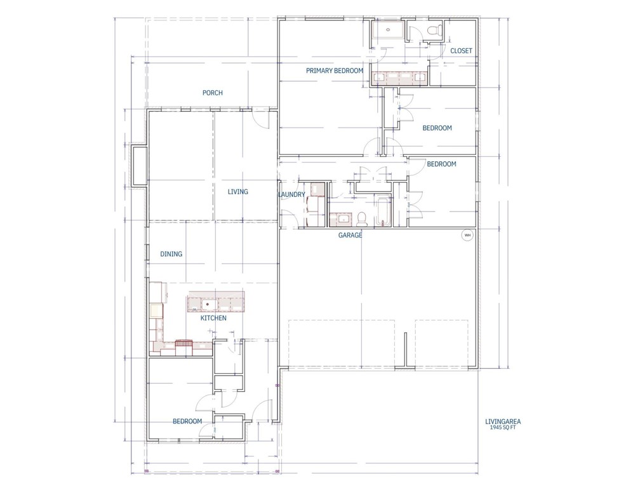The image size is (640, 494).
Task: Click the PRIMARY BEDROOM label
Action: coord(335,70)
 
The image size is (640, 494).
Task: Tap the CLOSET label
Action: coord(461,51)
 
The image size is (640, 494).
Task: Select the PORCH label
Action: coord(213,93)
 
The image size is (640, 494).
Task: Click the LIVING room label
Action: coord(238,192)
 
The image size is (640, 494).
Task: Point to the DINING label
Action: coord(171,254)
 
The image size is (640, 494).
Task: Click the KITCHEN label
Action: coord(213,318)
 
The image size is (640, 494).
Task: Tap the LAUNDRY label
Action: coord(291,194)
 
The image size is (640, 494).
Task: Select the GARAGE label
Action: coord(350,235)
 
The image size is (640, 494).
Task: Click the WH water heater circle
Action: coord(467,235)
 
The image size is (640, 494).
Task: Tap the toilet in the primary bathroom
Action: coord(435,30)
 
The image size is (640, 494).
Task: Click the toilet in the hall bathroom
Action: coord(362,219)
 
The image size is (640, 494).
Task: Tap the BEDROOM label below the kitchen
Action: coord(187,421)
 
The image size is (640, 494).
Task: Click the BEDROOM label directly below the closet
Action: coord(437,128)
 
